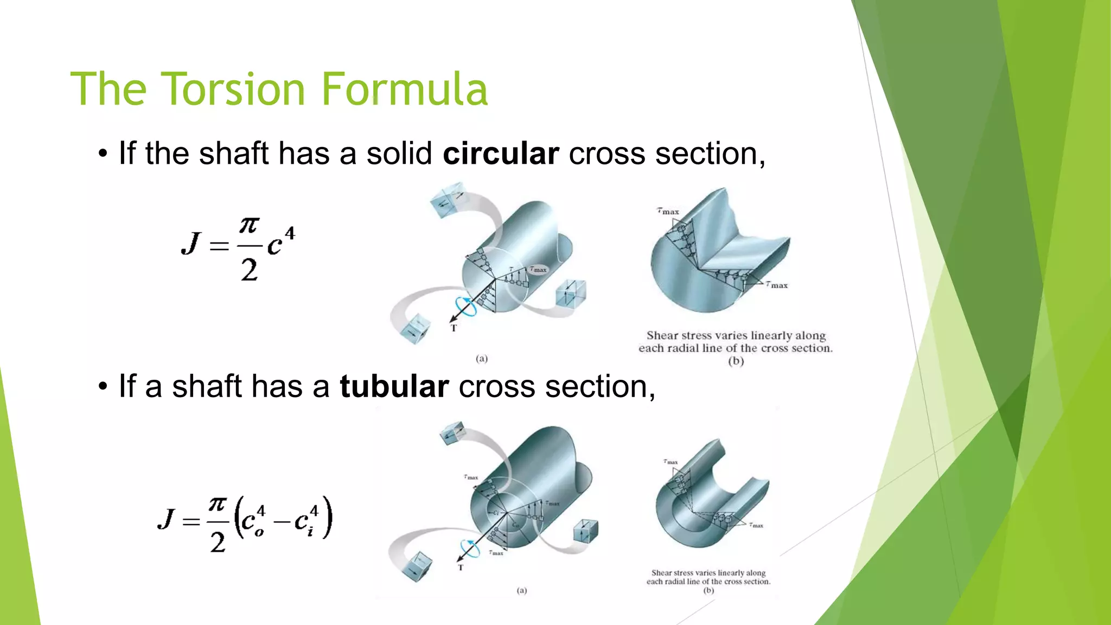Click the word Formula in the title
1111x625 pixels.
click(405, 89)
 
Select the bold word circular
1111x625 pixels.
click(500, 154)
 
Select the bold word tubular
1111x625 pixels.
click(394, 387)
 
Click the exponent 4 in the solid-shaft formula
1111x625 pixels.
click(290, 234)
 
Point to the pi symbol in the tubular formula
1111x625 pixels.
click(218, 505)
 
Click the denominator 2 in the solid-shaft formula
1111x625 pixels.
click(249, 270)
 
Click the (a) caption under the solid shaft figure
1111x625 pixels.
click(482, 359)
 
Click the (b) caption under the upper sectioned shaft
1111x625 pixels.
click(736, 361)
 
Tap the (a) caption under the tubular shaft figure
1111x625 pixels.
click(521, 590)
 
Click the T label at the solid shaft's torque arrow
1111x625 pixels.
click(454, 328)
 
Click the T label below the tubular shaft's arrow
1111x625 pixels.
click(461, 567)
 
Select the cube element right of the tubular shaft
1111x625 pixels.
click(585, 531)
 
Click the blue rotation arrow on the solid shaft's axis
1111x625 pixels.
click(465, 307)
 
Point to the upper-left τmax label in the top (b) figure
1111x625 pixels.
click(668, 211)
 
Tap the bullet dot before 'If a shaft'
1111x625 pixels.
click(103, 387)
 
